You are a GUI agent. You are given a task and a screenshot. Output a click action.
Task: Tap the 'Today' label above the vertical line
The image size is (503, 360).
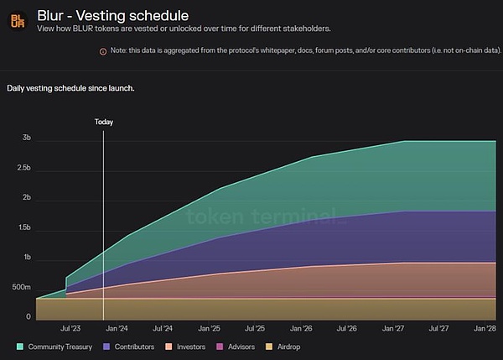(x=103, y=122)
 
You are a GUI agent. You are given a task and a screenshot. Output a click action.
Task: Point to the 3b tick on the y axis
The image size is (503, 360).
(x=27, y=138)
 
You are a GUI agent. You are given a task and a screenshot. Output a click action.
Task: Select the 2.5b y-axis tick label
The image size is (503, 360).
(x=23, y=168)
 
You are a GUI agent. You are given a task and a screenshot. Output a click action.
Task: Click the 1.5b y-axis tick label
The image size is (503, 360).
(x=23, y=227)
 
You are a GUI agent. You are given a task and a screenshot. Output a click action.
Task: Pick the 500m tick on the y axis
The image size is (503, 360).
(x=21, y=288)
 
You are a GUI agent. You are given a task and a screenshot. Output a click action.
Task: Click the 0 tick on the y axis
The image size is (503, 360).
(x=29, y=317)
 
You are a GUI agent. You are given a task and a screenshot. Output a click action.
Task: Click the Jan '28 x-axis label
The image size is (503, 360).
(x=485, y=329)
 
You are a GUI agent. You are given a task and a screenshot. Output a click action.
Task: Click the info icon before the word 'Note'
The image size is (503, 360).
(x=103, y=51)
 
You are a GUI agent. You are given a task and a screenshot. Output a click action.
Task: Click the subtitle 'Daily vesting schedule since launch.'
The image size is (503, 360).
(x=70, y=87)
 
